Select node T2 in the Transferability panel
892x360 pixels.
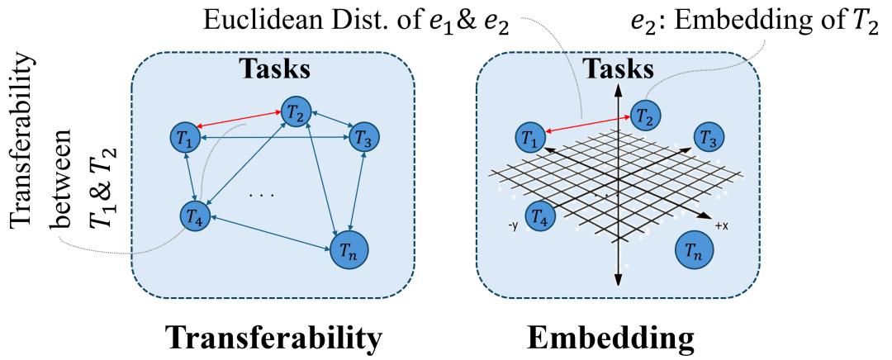click(x=295, y=110)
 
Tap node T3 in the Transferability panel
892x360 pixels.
click(x=363, y=136)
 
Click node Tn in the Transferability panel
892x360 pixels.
click(x=349, y=249)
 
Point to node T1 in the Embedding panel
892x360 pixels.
click(x=529, y=135)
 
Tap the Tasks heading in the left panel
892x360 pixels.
click(x=275, y=69)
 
